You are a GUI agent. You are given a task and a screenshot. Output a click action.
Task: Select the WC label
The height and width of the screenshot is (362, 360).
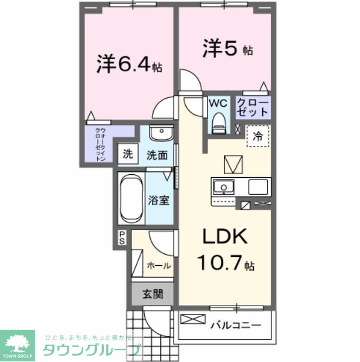218,103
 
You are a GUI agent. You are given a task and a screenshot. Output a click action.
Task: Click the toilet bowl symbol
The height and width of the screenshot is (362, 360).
219,121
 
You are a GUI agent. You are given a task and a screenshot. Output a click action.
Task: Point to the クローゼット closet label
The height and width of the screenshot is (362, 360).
253,107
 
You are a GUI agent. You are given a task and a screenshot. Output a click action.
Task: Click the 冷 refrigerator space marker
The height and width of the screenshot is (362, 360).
258,137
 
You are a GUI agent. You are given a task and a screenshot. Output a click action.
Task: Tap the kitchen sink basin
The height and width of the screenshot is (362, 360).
223,187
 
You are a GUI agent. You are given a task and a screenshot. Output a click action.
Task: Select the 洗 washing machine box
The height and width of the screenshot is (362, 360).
127,155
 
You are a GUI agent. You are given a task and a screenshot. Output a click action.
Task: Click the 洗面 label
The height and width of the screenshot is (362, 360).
157,155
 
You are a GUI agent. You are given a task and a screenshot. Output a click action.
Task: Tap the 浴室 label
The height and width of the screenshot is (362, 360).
159,199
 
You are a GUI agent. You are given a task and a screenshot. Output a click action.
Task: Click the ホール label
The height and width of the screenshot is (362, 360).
158,265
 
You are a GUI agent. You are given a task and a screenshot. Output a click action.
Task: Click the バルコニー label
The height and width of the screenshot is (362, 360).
235,323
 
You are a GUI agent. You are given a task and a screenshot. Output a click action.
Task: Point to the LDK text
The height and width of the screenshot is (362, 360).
226,238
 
